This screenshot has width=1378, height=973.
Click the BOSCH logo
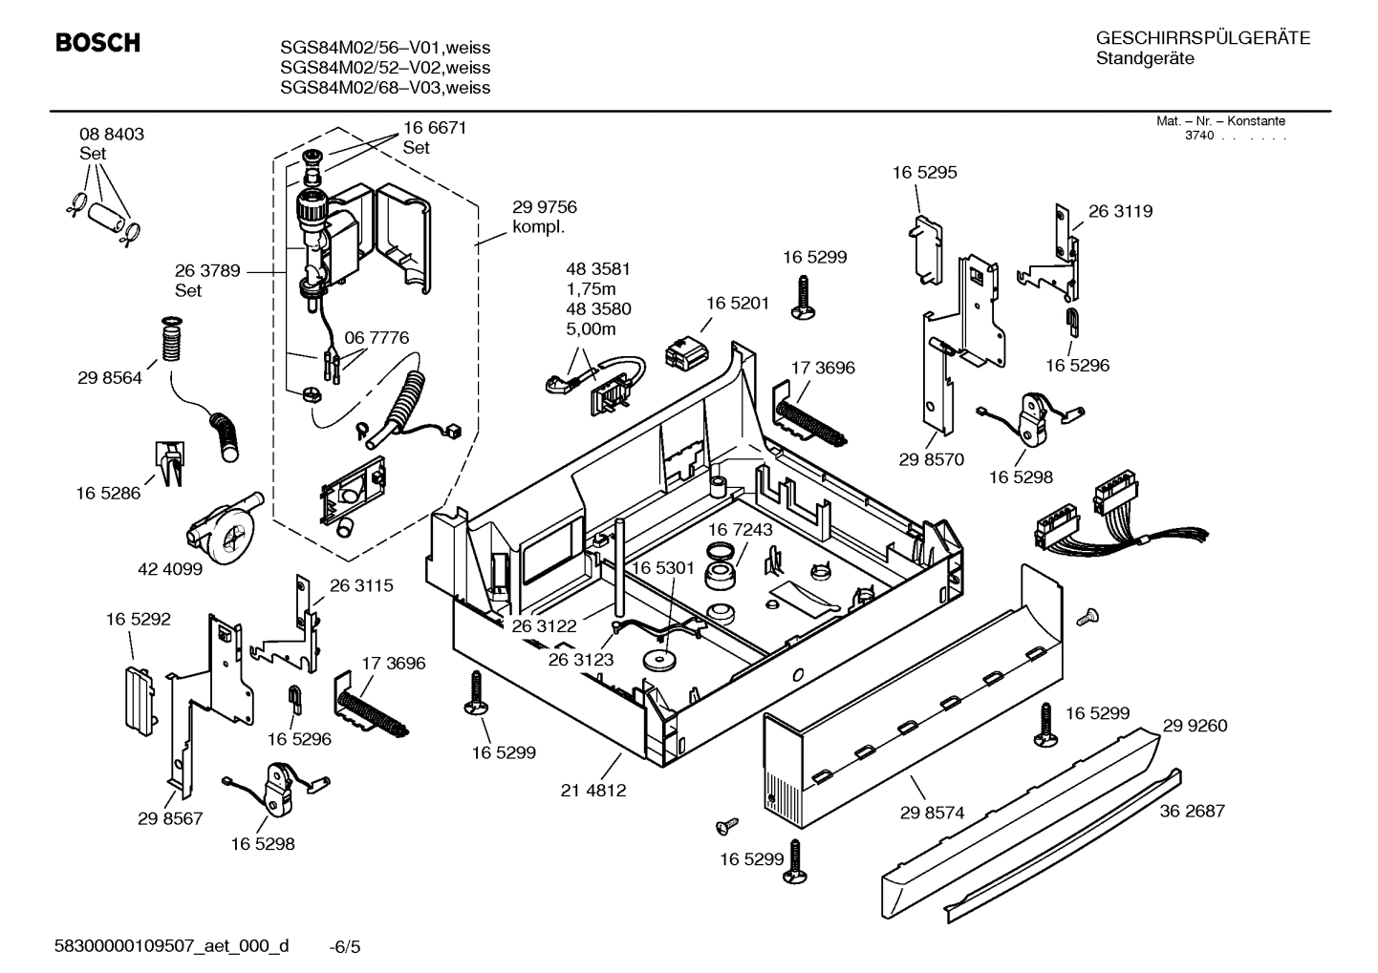tap(97, 43)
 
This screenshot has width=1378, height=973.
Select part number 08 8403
tap(112, 135)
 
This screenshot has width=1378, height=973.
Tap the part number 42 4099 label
tap(171, 569)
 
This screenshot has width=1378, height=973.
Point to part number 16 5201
tap(737, 303)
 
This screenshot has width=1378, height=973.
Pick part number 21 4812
tap(593, 791)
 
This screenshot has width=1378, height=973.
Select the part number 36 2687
tap(1192, 811)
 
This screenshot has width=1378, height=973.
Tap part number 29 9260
tap(1195, 726)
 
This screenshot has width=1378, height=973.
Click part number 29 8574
tap(932, 813)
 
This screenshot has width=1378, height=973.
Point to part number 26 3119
tap(1120, 212)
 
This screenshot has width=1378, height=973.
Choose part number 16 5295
tap(924, 173)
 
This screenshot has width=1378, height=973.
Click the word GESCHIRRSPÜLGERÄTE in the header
tap(1203, 39)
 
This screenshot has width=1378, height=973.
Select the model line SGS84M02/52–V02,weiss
tap(385, 68)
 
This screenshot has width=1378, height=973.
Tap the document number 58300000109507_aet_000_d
tap(172, 946)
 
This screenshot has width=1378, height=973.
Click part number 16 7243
tap(740, 529)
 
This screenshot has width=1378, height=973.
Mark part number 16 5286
tap(108, 494)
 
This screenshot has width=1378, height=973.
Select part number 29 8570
tap(931, 459)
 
